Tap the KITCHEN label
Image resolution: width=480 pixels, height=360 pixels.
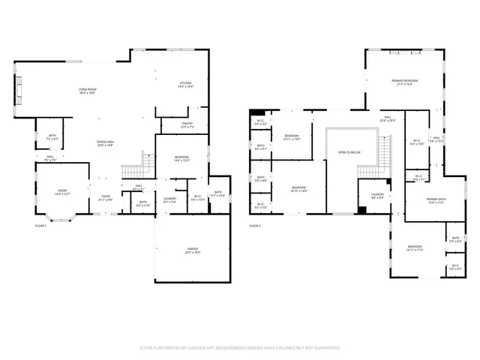point(185,82)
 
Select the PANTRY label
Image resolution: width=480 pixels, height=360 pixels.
point(188,124)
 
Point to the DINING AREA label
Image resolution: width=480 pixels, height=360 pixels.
point(105,141)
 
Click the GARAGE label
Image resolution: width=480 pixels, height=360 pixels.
point(193,248)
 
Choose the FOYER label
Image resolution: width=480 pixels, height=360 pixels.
point(105,196)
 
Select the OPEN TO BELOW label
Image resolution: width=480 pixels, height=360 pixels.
point(349,152)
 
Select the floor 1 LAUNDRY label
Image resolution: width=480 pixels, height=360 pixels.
point(169,199)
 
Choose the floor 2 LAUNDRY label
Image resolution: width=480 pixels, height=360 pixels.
point(377,195)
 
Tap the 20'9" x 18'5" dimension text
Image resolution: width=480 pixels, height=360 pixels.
point(193,253)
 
